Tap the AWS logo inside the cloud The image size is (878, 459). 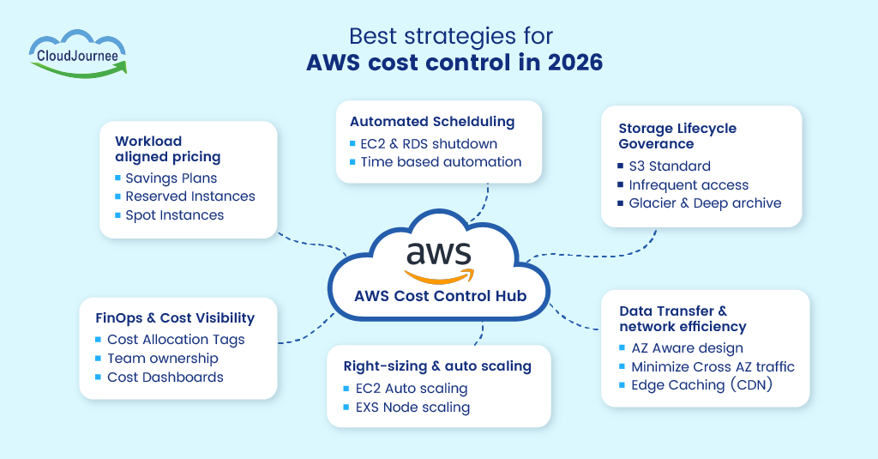click(x=438, y=261)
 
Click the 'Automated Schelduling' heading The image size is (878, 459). click(x=432, y=122)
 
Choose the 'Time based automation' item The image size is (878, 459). click(x=441, y=161)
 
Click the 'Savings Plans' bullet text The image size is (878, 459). click(x=171, y=178)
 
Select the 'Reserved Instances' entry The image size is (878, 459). click(x=190, y=196)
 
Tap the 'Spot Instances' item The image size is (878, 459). click(x=175, y=215)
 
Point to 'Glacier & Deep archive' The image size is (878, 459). click(x=705, y=203)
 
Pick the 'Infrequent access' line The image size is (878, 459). click(x=689, y=185)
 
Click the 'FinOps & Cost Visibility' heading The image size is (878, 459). click(x=175, y=318)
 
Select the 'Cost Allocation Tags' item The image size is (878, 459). click(x=176, y=340)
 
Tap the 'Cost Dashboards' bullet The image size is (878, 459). click(x=165, y=377)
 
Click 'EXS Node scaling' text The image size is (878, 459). click(x=412, y=408)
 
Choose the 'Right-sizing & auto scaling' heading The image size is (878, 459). click(x=437, y=366)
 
